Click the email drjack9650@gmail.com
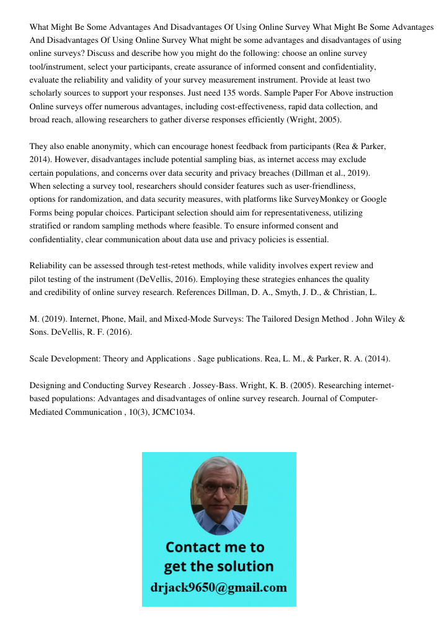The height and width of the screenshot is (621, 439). (x=219, y=587)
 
